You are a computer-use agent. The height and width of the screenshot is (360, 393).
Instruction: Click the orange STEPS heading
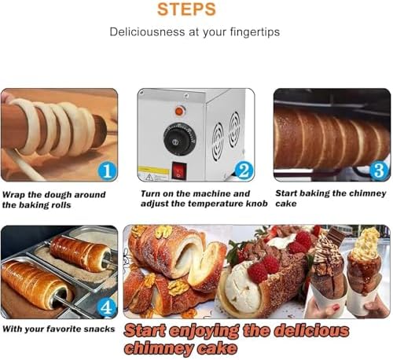click(186, 9)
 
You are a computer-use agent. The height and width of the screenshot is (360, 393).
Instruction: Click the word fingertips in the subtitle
click(255, 32)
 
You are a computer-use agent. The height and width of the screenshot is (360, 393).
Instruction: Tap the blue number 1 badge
click(107, 171)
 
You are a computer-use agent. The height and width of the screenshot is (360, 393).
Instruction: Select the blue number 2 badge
click(244, 171)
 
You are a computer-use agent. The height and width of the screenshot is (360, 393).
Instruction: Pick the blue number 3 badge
click(380, 171)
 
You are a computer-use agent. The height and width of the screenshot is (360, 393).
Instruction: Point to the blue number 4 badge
click(107, 307)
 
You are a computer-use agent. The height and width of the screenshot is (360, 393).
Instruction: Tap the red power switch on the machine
click(179, 171)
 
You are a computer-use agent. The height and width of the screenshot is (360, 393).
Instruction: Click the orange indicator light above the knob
click(179, 111)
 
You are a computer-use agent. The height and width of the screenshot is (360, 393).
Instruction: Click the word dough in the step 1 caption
click(58, 195)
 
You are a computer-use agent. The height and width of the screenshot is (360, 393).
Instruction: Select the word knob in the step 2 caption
click(256, 204)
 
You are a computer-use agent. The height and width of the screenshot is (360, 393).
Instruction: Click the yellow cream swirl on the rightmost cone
click(365, 243)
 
